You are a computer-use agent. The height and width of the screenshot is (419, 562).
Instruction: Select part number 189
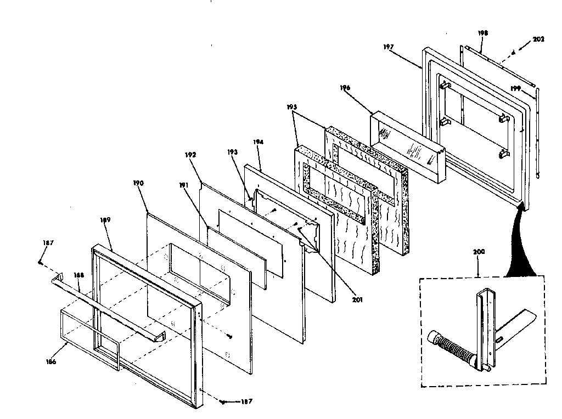[x=105, y=220]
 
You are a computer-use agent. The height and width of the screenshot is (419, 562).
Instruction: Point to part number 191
[x=184, y=186]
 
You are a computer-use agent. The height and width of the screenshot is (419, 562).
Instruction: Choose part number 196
[x=345, y=87]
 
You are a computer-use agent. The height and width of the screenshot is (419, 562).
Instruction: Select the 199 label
[x=515, y=88]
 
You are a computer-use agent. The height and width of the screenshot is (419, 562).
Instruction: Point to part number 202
[x=539, y=39]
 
